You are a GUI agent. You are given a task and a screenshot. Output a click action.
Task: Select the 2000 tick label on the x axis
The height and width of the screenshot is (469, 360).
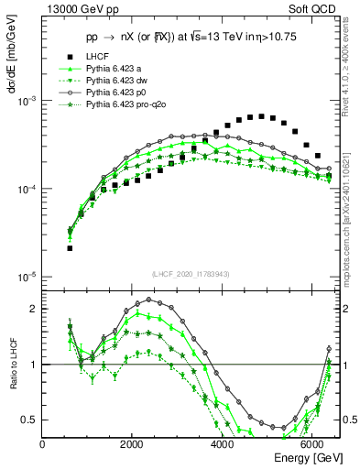pos(133,443)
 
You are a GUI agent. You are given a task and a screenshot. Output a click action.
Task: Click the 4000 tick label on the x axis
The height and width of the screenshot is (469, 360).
pos(223,443)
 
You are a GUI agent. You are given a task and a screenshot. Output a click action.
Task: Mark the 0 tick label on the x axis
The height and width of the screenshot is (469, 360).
pos(43,443)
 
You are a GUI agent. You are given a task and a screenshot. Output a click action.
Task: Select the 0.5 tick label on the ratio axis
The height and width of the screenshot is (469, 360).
pos(29,420)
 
